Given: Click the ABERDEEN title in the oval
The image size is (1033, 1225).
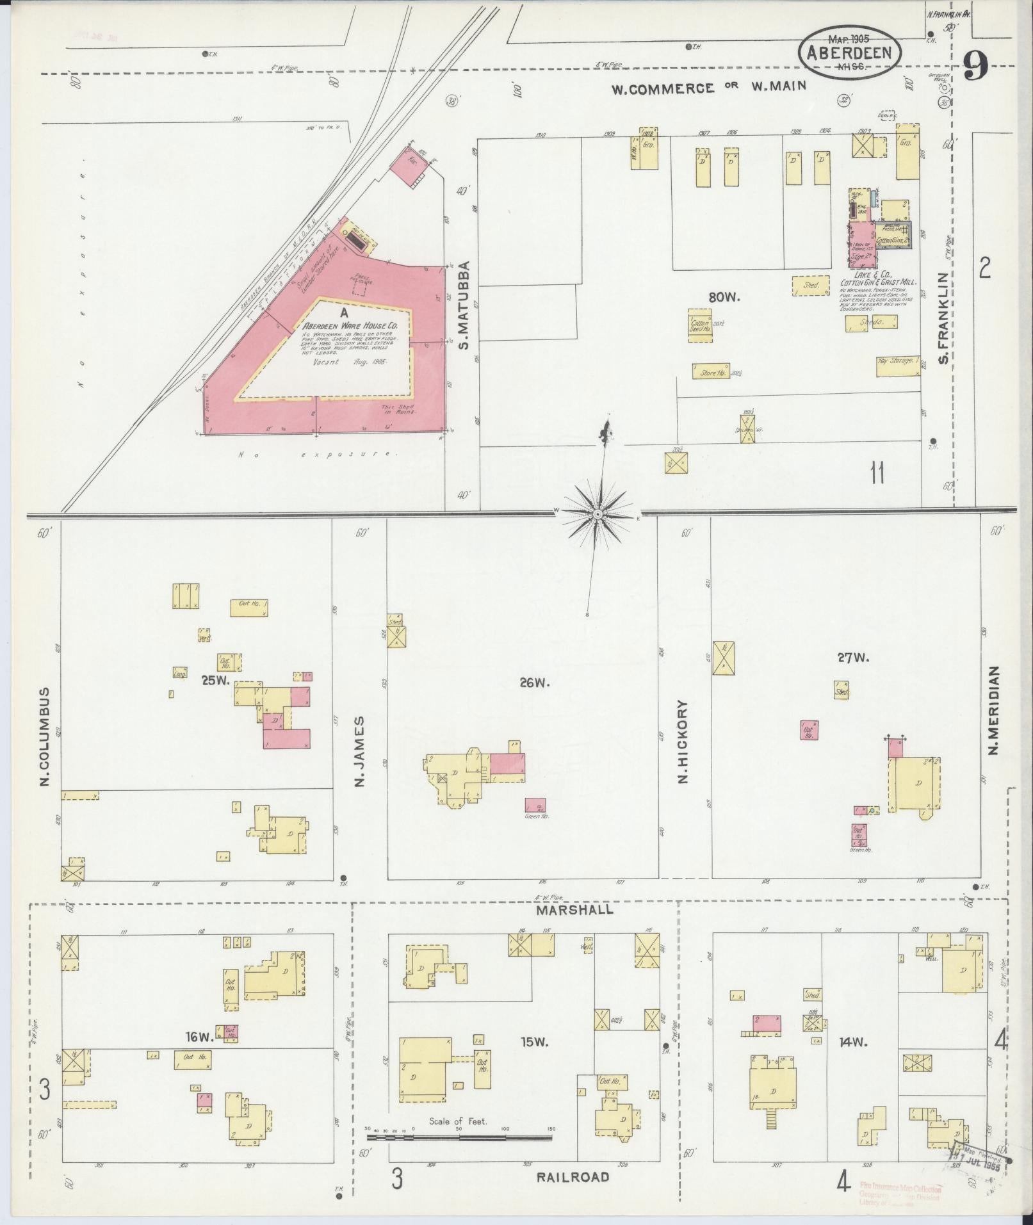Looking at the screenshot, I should coord(849,54).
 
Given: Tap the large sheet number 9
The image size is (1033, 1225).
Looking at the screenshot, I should coord(975,65).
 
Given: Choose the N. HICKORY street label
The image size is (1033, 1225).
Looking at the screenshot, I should coord(683,742).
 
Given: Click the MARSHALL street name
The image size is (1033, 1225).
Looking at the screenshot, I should coord(575,909).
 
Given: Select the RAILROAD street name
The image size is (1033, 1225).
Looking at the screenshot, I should coord(573,1177).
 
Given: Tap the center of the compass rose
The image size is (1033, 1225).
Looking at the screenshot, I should coord(597,514).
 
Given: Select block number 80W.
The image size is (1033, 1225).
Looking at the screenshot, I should coord(724,297).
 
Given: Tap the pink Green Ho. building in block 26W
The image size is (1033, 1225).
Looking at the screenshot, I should coord(535,805).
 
